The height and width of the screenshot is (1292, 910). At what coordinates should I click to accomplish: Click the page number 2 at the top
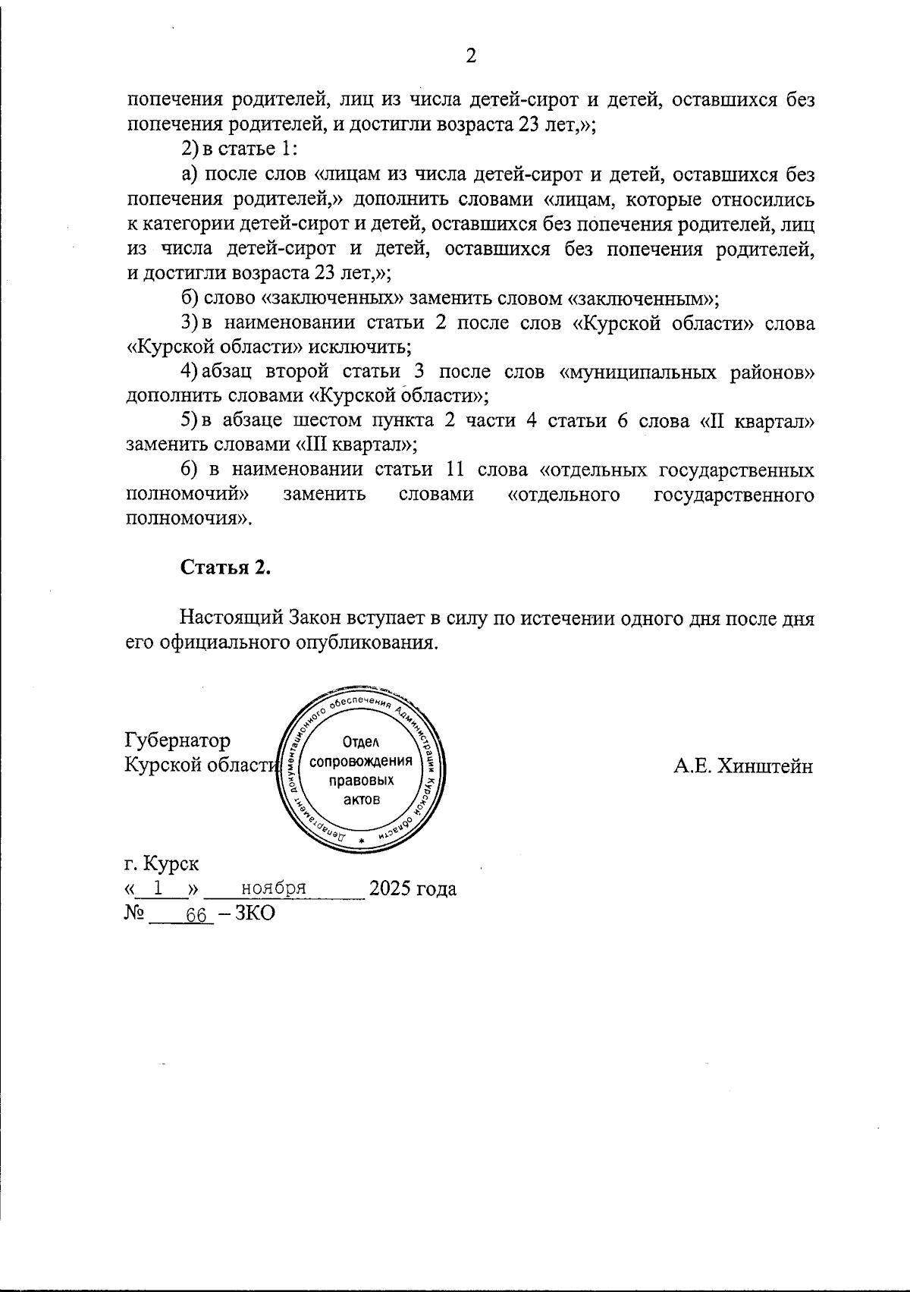point(470,57)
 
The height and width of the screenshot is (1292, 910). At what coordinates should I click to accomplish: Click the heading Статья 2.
point(225,568)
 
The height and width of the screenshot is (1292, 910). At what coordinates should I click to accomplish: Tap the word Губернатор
point(177,740)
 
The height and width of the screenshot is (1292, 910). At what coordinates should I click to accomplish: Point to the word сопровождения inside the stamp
point(362,761)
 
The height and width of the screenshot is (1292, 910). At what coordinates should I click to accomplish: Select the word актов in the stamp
point(361,799)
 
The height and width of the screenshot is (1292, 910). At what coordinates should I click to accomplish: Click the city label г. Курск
point(162,864)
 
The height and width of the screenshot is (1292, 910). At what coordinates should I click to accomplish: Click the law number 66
point(196,915)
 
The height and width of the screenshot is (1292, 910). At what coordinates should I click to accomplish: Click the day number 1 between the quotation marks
point(158,888)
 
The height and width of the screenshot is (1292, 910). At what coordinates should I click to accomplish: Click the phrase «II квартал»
point(758,421)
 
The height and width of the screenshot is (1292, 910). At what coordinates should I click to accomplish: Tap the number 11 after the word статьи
point(457,470)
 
